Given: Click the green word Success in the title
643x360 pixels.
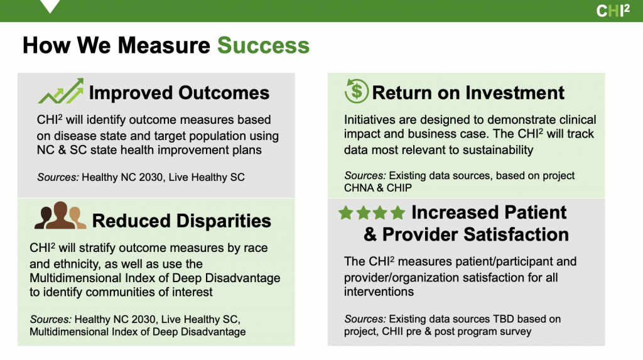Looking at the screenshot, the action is point(263,45).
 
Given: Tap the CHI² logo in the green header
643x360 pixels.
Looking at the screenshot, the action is point(613,11).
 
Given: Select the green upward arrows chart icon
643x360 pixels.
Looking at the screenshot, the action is point(61,91).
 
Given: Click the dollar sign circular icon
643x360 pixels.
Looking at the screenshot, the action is point(357,90).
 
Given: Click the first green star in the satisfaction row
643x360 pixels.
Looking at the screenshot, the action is point(346,212).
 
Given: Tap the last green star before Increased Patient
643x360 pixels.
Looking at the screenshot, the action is point(397,212).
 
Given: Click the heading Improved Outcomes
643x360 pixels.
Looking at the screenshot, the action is point(179,93).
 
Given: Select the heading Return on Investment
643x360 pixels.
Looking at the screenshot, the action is point(468,93).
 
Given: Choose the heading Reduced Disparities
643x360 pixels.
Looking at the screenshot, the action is point(181,221).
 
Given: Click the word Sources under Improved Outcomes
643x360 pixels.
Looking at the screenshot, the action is point(58,177).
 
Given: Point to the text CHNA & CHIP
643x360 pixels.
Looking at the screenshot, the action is point(377,188).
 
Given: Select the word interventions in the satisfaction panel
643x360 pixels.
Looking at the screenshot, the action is point(379,292).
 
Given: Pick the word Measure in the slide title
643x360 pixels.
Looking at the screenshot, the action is point(164,45).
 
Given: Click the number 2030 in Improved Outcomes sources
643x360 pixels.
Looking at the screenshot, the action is point(151,177).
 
